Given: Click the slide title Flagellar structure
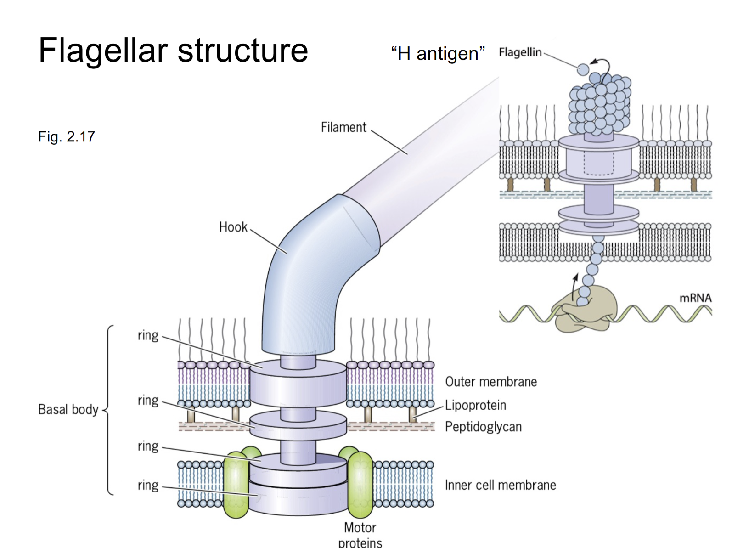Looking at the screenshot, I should point(173,50).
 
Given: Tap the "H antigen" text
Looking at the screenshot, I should point(438,54).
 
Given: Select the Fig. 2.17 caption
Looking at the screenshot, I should point(67,136).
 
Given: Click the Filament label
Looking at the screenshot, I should point(343,127).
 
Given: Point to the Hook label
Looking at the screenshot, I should point(233,227).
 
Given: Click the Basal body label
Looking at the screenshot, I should point(68,409).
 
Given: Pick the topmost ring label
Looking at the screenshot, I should point(148,335).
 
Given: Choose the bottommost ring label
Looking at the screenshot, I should point(148,485).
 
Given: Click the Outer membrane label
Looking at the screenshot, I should point(491,382).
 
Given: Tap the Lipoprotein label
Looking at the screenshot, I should point(475,405).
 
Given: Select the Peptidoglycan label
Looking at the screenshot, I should point(483,427).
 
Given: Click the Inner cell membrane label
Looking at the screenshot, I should point(500,485).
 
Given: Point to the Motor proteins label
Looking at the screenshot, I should point(360,535).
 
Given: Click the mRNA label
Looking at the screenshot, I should point(695,298).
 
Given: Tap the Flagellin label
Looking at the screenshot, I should point(520,52).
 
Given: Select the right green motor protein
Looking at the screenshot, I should point(360,485).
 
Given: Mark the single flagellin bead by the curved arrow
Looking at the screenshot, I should point(583,69).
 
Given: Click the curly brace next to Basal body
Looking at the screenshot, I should point(108,410).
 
